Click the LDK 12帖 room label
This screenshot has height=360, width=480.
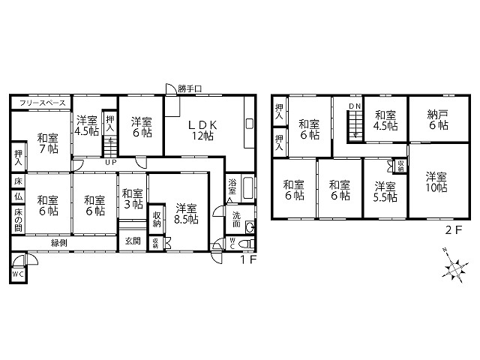point(202,130)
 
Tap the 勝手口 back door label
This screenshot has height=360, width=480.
point(190,88)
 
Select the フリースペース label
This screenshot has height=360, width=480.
point(42,103)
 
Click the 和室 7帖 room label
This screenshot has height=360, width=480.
point(48,143)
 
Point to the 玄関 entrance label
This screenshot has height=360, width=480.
point(133,241)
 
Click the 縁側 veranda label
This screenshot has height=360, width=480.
point(59,243)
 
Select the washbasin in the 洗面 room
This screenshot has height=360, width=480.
point(250,227)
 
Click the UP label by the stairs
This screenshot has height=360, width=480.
point(111,162)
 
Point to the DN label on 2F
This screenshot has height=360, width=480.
point(355,106)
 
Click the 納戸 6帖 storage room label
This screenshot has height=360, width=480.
point(438,120)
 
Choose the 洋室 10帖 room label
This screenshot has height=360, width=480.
point(436,181)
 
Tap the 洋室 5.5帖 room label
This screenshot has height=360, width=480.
point(385,192)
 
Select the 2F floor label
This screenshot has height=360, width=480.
point(453,230)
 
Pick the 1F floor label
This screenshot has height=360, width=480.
point(247,260)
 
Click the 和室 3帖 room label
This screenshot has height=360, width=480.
point(133,199)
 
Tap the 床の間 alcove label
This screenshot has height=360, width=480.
point(18,220)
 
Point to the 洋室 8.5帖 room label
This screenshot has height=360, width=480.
point(186,214)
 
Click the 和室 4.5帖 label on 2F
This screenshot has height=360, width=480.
point(385,120)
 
